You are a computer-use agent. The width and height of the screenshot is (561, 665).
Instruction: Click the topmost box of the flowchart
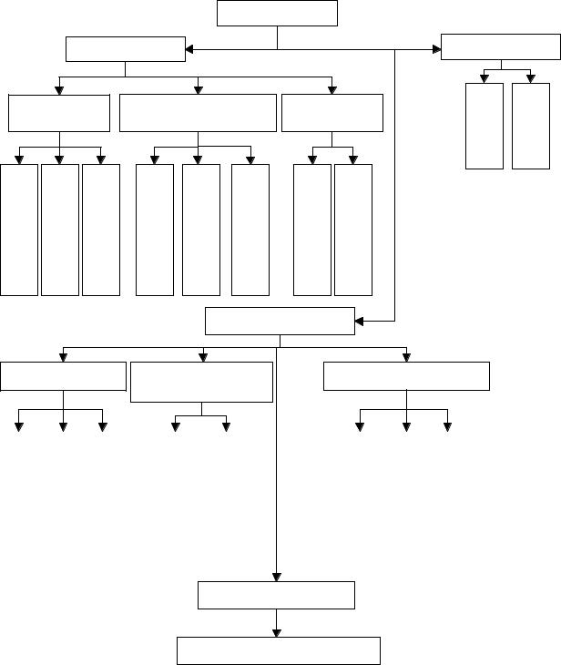(277, 13)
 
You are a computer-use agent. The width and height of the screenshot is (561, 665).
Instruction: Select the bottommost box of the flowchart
(277, 650)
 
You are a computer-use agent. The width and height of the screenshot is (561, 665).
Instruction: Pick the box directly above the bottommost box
(277, 595)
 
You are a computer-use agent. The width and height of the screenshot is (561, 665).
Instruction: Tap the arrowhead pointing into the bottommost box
(277, 632)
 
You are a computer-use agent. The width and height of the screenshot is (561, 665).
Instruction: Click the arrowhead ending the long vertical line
(277, 576)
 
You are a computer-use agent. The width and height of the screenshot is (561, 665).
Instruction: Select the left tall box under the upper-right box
(484, 126)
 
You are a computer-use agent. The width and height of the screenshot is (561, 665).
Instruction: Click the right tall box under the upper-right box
(531, 126)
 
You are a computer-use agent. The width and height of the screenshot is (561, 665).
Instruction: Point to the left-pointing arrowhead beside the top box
(191, 49)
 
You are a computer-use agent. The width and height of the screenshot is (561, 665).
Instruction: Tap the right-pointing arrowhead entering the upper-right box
(435, 49)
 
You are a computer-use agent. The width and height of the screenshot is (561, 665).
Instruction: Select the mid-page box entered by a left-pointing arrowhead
(280, 322)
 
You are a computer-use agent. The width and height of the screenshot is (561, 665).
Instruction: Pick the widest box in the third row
(198, 113)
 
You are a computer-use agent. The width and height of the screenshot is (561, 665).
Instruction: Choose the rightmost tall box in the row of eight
(353, 230)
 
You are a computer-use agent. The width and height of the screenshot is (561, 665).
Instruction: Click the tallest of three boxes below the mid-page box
(201, 382)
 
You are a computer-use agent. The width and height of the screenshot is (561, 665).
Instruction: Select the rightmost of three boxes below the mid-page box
(406, 375)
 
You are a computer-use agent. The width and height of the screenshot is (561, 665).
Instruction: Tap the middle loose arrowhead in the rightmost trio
(406, 426)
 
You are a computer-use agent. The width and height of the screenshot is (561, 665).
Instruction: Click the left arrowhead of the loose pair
(176, 426)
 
